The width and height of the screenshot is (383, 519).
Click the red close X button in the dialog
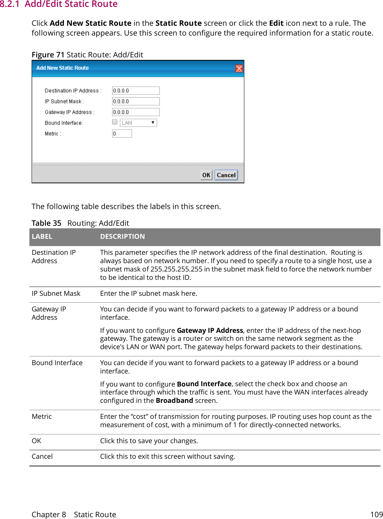tap(239, 69)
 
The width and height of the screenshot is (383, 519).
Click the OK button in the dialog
tap(206, 175)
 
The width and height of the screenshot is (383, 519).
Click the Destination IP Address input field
tap(136, 91)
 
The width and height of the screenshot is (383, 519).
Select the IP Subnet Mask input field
tap(136, 102)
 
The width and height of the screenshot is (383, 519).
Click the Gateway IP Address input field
tap(136, 112)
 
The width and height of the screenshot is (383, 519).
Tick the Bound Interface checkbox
tap(115, 122)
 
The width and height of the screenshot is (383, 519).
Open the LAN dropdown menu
tap(138, 123)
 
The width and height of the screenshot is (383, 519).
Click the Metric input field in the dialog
tap(122, 134)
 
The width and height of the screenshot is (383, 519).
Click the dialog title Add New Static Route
tap(62, 68)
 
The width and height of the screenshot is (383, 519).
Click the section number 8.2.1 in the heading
tap(10, 4)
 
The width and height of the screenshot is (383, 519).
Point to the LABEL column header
tap(42, 237)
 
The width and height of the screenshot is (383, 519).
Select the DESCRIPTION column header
tap(122, 237)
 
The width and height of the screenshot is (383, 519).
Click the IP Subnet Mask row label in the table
tap(56, 294)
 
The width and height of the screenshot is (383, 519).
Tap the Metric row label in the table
tap(42, 417)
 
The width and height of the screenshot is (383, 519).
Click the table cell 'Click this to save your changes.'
tap(149, 441)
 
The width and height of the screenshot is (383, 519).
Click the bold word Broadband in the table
tap(174, 401)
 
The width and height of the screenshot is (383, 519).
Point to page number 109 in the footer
tap(376, 515)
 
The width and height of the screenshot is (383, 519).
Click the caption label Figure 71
tap(48, 55)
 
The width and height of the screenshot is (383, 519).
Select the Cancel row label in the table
tap(42, 457)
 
